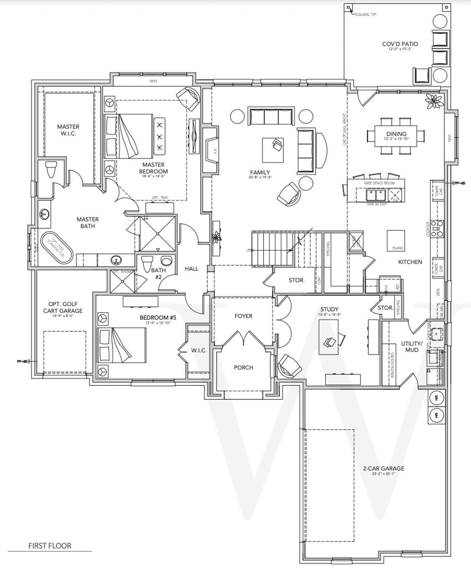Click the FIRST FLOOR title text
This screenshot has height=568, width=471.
pos(50,546)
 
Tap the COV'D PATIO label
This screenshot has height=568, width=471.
pos(400,44)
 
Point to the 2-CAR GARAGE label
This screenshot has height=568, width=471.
pos(383,468)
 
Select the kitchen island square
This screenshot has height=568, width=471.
pos(396,240)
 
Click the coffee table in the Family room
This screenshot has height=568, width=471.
pos(273,150)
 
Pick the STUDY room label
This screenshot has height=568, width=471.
pos(329,309)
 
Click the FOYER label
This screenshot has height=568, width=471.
pos(243,316)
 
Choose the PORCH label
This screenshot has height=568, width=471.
pos(243,367)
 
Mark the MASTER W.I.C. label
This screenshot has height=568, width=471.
pos(68,130)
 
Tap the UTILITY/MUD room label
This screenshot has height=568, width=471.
pos(411,346)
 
